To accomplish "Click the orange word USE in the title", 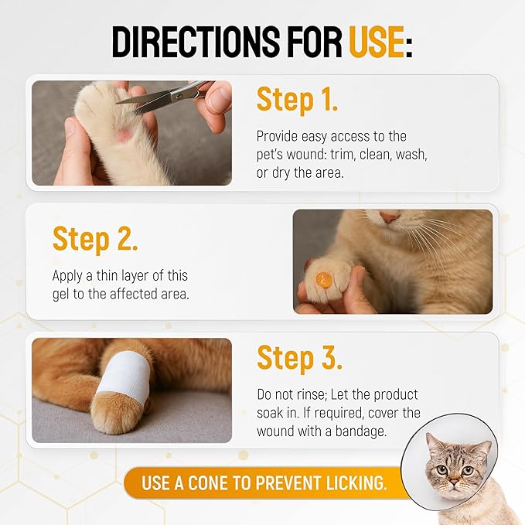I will tap(376, 43).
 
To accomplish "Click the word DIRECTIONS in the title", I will tap(196, 43).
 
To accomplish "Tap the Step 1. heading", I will tap(297, 100).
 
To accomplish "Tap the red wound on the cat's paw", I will tap(123, 136).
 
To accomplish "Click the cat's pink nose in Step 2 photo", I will tap(390, 217).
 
